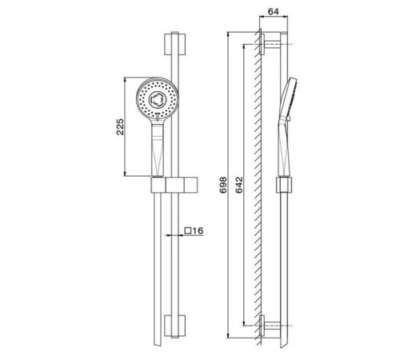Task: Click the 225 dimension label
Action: tap(121, 127)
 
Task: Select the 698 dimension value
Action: tap(223, 185)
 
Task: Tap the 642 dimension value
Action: tap(239, 185)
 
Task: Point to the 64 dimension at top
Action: tap(273, 11)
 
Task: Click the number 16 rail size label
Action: tap(198, 230)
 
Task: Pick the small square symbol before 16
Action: tap(188, 230)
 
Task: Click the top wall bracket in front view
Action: tap(174, 44)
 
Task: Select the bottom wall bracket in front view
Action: tap(174, 326)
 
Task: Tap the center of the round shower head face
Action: tap(157, 99)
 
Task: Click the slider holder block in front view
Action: tap(174, 185)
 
